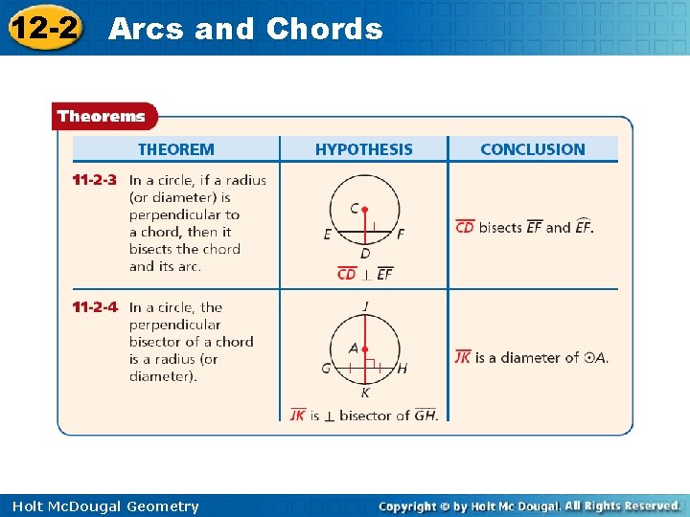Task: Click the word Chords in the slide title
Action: pos(324,29)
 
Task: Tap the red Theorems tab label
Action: pos(102,117)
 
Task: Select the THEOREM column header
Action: pos(176,149)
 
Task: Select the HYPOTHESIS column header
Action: pos(364,149)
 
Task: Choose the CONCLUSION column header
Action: pos(532,149)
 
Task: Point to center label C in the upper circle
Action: pos(355,209)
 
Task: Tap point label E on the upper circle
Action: pos(328,235)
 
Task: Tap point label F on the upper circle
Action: pos(401,235)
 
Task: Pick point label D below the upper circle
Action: pos(365,254)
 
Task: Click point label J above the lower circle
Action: pos(365,306)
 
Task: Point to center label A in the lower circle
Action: pos(354,349)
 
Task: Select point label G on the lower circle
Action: pos(327,369)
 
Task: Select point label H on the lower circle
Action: pos(402,369)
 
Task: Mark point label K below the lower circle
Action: pos(365,393)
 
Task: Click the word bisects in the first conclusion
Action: pos(500,228)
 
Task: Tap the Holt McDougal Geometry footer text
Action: pos(102,506)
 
